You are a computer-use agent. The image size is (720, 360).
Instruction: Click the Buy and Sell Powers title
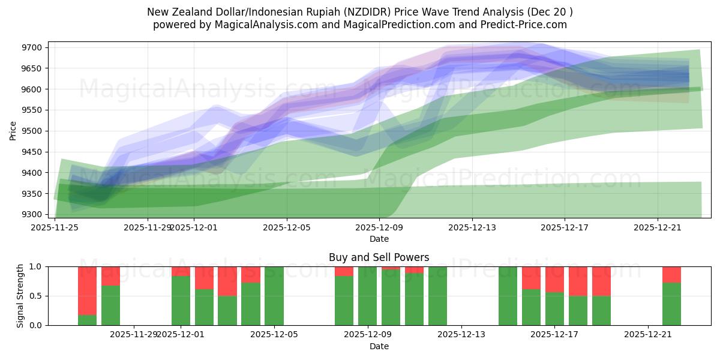pyautogui.click(x=379, y=257)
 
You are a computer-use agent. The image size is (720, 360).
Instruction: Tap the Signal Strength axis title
pyautogui.click(x=20, y=296)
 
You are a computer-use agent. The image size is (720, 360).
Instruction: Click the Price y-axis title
pyautogui.click(x=13, y=130)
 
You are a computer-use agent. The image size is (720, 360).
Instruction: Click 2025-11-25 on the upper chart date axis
pyautogui.click(x=55, y=227)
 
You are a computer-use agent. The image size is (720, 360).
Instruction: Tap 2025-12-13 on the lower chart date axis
pyautogui.click(x=461, y=335)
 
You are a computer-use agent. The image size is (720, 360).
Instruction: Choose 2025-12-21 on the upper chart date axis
pyautogui.click(x=657, y=227)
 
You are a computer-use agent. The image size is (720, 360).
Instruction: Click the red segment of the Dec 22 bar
pyautogui.click(x=671, y=274)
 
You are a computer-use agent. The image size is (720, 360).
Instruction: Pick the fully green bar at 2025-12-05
pyautogui.click(x=274, y=296)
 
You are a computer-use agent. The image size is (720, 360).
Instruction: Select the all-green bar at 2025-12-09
pyautogui.click(x=367, y=296)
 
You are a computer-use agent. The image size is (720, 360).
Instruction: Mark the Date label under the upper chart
pyautogui.click(x=379, y=239)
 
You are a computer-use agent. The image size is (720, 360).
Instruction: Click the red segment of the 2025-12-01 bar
pyautogui.click(x=181, y=271)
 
